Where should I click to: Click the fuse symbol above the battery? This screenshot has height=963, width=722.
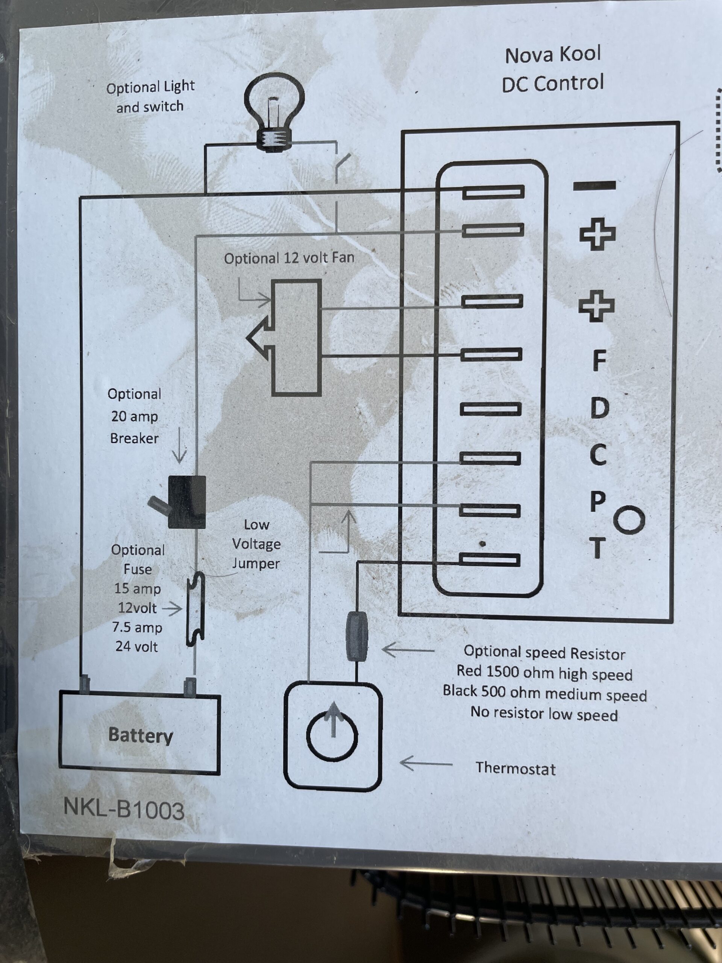click(196, 609)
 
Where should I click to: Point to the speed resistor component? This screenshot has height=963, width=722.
click(356, 636)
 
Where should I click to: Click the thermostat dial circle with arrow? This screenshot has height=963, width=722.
click(332, 737)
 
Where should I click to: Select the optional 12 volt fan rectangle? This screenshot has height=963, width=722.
click(296, 337)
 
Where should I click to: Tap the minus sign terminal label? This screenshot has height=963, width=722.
click(594, 186)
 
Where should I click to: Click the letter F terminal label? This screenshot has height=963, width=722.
click(599, 360)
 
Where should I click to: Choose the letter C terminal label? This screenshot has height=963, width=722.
click(598, 454)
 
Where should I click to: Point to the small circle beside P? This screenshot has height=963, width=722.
click(629, 520)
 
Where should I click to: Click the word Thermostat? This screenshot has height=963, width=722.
click(515, 769)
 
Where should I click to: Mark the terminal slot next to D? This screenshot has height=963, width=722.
click(490, 409)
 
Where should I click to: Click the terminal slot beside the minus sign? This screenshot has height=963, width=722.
click(493, 191)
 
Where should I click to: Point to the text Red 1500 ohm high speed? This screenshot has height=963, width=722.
click(544, 673)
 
